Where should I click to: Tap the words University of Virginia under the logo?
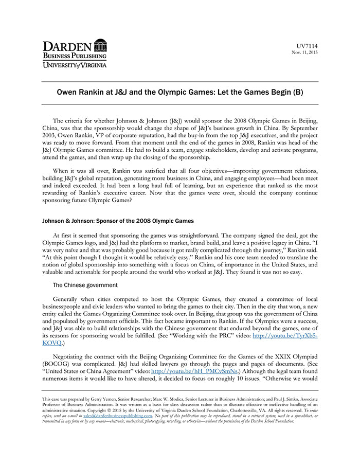(75, 65)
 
